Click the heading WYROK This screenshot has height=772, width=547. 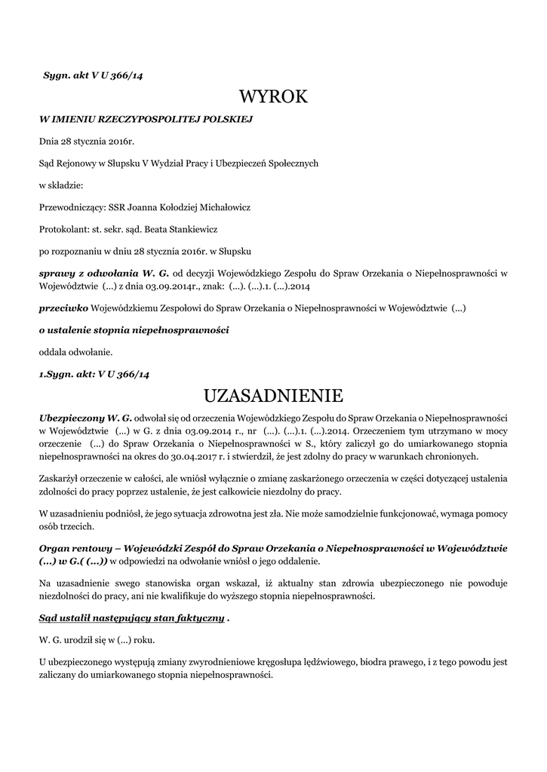coord(273,96)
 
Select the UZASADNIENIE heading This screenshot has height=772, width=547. coord(273,395)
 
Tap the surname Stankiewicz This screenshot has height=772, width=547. coord(190,228)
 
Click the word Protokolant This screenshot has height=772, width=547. coord(63,228)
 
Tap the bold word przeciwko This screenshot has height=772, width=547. coord(64,308)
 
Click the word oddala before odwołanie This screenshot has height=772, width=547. coord(53,351)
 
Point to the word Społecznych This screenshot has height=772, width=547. coord(289,162)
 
